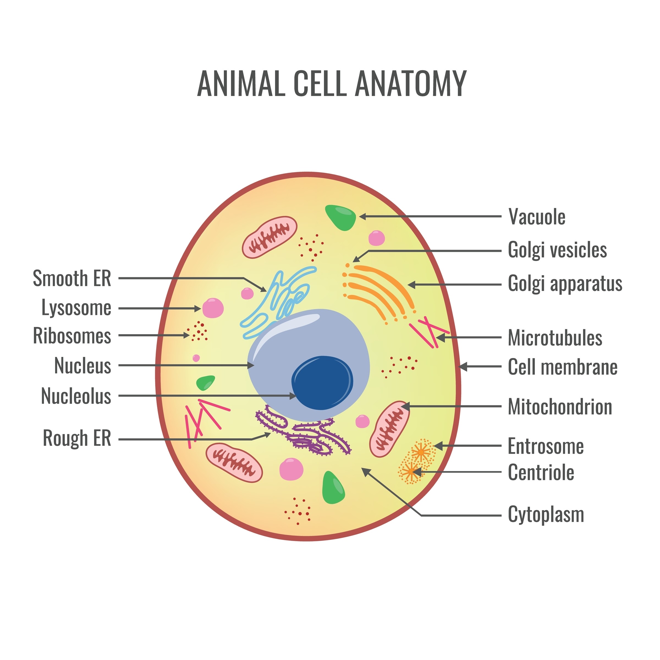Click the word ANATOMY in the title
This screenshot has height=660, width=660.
click(x=411, y=84)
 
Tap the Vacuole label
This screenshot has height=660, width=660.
click(x=537, y=217)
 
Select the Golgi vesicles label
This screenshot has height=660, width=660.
click(x=557, y=250)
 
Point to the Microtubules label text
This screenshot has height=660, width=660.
click(x=555, y=338)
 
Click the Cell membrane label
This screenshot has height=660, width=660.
click(x=562, y=367)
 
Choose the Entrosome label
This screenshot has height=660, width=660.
click(x=546, y=446)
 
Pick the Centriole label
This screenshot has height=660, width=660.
click(x=541, y=472)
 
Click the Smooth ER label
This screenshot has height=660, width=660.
click(x=72, y=278)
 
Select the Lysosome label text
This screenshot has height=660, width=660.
click(x=76, y=308)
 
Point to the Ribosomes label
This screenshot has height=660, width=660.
click(x=72, y=336)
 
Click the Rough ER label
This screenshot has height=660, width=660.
click(x=77, y=438)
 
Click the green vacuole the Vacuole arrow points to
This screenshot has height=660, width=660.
click(x=340, y=217)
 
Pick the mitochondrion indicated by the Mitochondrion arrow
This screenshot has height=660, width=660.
click(x=389, y=429)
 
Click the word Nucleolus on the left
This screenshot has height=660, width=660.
click(x=76, y=396)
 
